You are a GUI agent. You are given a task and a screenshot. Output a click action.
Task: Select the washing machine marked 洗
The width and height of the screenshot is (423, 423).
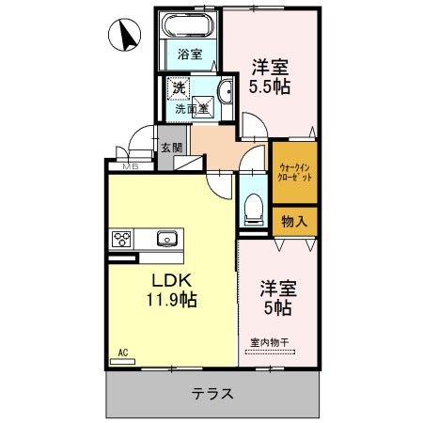[178, 88]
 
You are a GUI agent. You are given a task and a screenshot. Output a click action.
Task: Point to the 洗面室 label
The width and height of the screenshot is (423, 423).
[192, 109]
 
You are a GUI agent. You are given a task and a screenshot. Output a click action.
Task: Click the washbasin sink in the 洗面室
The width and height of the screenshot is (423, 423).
[227, 91]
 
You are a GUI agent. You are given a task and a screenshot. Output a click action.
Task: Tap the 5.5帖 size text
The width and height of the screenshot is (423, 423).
[269, 86]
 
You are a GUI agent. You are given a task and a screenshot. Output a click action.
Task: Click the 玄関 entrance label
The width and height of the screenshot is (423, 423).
[170, 148]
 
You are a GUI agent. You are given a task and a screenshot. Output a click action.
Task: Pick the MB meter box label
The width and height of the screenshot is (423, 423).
[129, 166]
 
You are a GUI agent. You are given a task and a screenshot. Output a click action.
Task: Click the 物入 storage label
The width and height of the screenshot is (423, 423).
[294, 221]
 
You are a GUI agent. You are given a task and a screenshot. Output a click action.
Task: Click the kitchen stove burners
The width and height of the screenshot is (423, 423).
[123, 239]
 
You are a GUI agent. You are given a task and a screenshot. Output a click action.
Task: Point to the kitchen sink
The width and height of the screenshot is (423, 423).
[166, 239]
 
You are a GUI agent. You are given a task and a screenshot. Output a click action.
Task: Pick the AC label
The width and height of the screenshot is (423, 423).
[121, 353]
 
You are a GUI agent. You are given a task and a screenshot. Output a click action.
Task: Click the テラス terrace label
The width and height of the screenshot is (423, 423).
[212, 393]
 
